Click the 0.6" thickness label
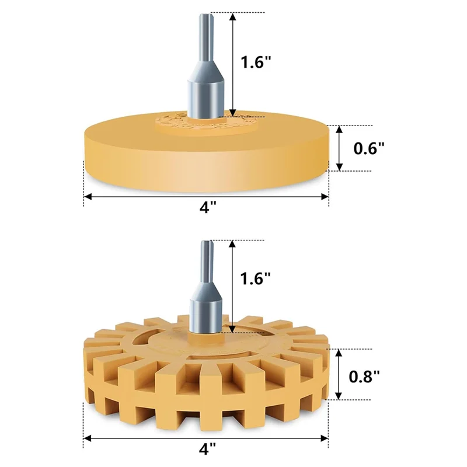pyautogui.click(x=369, y=148)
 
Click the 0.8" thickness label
pyautogui.click(x=364, y=377)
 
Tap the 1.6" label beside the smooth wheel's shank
pyautogui.click(x=256, y=62)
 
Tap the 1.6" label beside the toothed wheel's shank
pyautogui.click(x=255, y=278)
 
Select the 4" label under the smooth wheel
pyautogui.click(x=207, y=207)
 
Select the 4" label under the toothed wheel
pyautogui.click(x=207, y=448)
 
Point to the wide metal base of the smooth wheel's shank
pyautogui.click(x=205, y=99)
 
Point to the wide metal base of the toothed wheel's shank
pyautogui.click(x=206, y=316)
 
